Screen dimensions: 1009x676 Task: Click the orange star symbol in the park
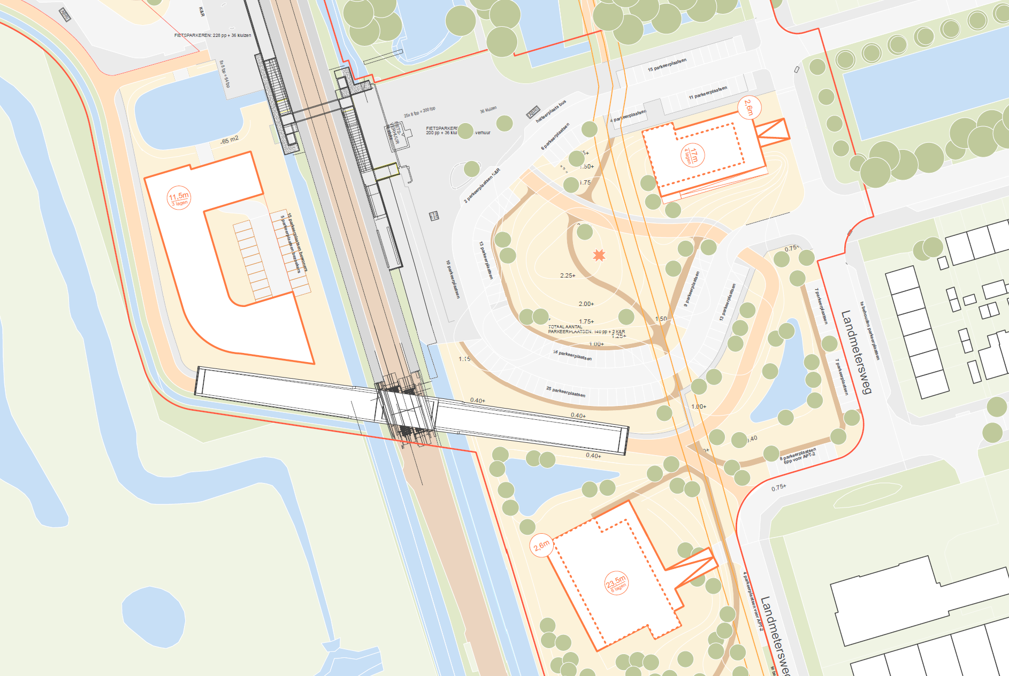pos(599,255)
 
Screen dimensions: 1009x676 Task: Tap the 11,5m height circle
pos(179,198)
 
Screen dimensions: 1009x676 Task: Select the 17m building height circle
pos(692,156)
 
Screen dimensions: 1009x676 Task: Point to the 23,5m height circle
pos(616,583)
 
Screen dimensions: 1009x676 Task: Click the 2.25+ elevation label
pos(568,276)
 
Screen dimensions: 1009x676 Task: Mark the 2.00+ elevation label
pos(586,304)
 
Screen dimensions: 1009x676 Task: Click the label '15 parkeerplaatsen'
pos(667,65)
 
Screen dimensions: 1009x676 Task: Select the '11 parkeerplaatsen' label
pos(707,93)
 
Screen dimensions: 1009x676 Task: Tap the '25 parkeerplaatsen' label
pos(565,392)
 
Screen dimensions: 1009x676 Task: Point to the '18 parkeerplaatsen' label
pos(572,355)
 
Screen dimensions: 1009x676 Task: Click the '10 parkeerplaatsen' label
pos(453,279)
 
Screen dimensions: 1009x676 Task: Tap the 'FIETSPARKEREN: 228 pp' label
pos(212,35)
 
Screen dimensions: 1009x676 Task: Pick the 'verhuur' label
pos(483,133)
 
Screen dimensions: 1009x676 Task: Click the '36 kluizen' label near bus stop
pos(488,110)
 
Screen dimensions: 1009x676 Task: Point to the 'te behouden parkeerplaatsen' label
pos(869,331)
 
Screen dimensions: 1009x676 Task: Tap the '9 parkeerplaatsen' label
pos(691,289)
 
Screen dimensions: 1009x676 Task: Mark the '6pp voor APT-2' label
pos(799,458)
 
